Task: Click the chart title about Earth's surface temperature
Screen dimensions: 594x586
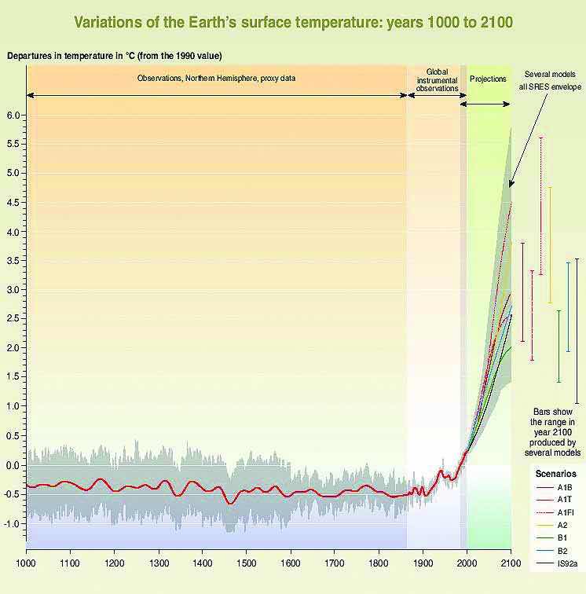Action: point(293,22)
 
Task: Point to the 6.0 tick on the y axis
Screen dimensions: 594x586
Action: point(16,115)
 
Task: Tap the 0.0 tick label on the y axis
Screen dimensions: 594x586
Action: point(16,465)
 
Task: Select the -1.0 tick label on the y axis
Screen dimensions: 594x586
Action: point(14,523)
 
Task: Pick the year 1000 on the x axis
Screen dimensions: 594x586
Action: point(26,563)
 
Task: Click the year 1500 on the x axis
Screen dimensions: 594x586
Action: point(246,563)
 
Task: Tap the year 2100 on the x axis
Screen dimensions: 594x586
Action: point(511,563)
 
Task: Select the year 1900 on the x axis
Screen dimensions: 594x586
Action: point(423,563)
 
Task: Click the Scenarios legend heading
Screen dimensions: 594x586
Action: point(555,474)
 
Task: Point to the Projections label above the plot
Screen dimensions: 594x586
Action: point(488,79)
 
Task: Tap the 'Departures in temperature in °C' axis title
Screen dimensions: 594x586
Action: point(114,56)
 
